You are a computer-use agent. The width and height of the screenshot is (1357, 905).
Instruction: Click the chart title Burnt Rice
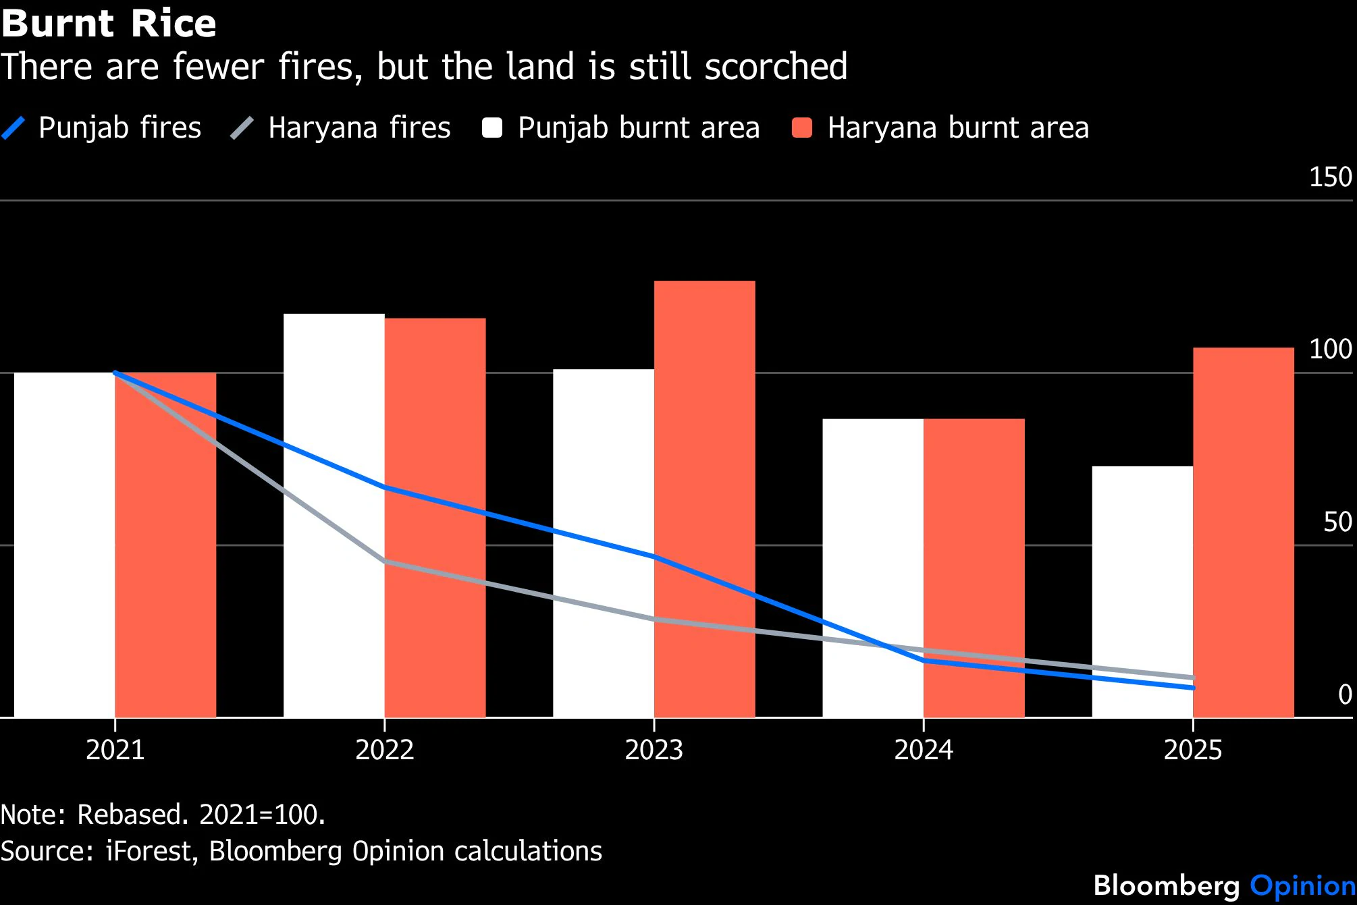point(109,24)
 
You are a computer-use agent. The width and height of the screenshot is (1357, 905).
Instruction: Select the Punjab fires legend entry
point(101,128)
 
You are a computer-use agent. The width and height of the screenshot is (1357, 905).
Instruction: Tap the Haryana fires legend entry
point(341,128)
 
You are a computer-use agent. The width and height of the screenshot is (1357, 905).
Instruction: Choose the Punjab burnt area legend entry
point(621,128)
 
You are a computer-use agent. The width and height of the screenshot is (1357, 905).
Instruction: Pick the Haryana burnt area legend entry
point(940,128)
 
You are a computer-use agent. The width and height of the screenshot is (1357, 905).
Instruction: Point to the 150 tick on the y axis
point(1330,177)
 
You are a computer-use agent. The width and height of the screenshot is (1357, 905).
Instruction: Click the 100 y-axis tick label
point(1330,350)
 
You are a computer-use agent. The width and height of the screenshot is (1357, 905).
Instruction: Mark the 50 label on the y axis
point(1337,522)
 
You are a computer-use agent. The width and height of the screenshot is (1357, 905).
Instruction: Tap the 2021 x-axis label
point(115,750)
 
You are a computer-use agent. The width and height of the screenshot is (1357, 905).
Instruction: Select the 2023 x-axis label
point(654,750)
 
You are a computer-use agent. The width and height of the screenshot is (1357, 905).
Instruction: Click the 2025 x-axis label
point(1193,750)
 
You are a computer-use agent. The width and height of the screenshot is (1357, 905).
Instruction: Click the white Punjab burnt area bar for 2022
point(334,516)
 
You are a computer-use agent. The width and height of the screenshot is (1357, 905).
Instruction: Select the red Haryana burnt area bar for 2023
point(705,499)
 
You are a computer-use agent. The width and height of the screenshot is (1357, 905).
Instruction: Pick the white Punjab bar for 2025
point(1142,592)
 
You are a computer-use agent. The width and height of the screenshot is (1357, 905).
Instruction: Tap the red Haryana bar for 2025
point(1244,532)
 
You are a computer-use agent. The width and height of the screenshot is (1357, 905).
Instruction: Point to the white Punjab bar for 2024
point(873,568)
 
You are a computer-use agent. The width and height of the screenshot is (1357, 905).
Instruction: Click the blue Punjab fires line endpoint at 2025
point(1193,688)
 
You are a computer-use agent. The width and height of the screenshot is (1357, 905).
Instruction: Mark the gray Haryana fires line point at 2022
point(385,561)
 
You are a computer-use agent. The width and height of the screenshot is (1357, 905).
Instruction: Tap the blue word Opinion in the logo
point(1303,885)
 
